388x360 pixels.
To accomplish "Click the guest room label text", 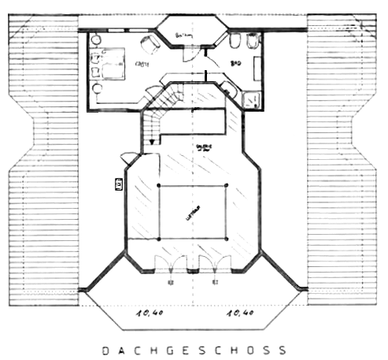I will click(x=142, y=63).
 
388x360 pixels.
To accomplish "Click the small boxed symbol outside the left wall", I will click(x=119, y=184).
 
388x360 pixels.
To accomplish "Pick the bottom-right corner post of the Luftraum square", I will click(x=227, y=239).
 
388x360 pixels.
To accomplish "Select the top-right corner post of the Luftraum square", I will click(x=227, y=185).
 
